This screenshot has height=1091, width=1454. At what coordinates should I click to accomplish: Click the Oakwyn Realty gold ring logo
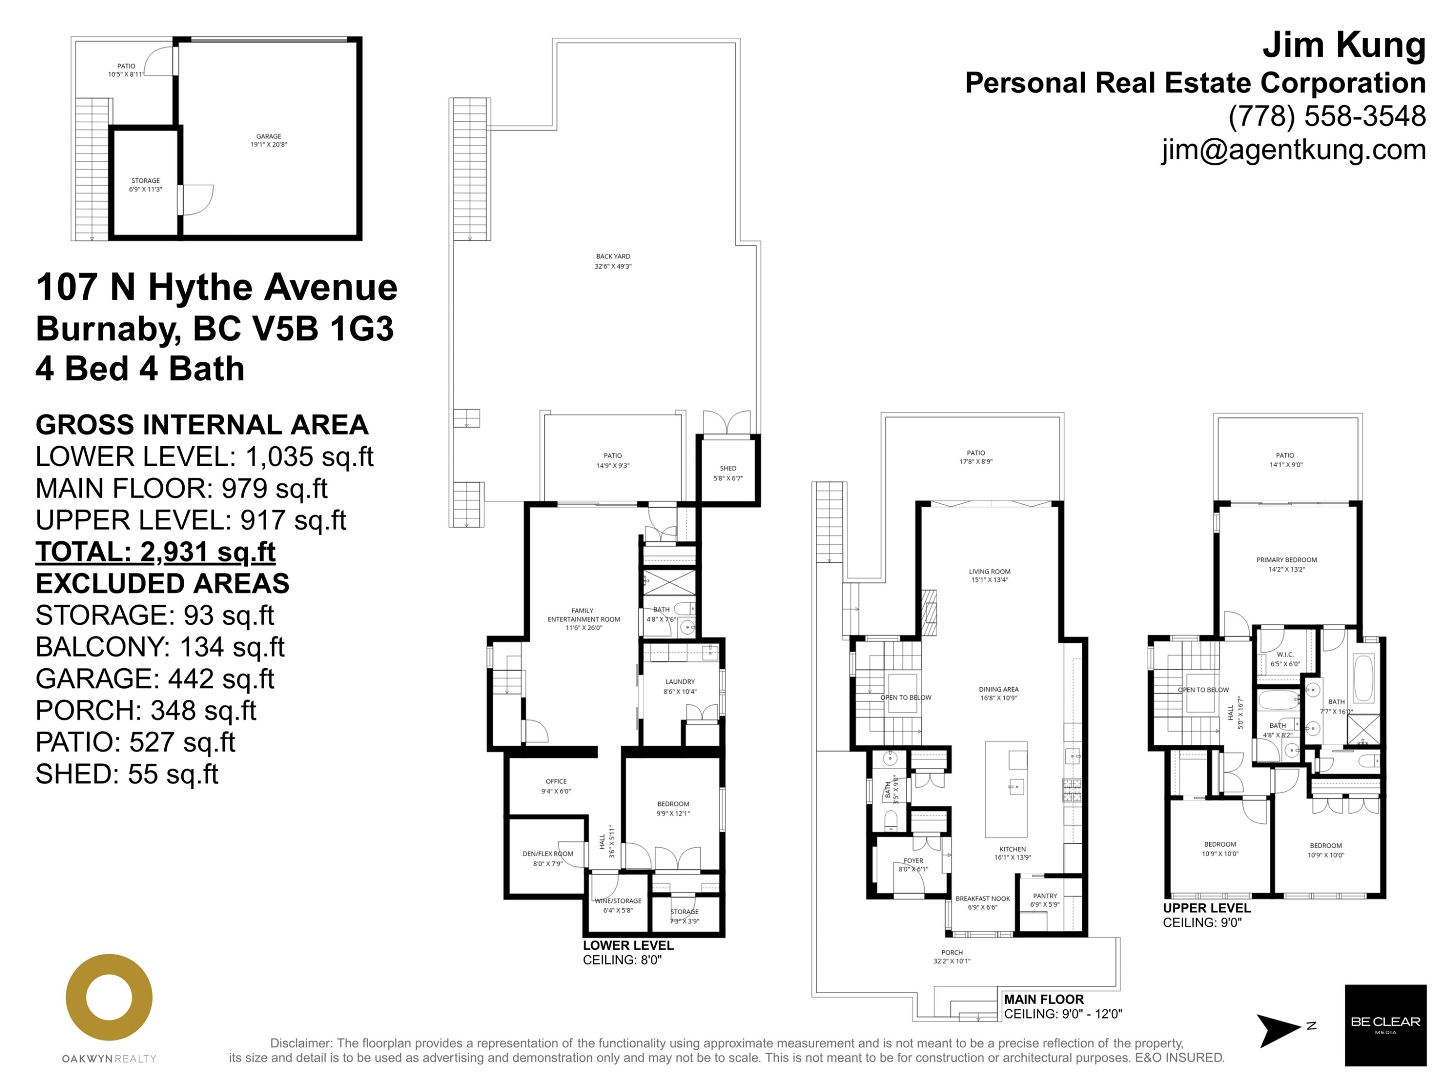[x=109, y=997]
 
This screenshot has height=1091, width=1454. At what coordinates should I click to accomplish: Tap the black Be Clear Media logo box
[x=1385, y=1025]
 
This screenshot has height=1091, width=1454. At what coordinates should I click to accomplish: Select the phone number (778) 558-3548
[x=1327, y=116]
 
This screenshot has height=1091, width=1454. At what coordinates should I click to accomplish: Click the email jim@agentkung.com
[x=1293, y=150]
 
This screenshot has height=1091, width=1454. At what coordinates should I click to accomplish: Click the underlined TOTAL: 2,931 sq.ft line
[x=155, y=552]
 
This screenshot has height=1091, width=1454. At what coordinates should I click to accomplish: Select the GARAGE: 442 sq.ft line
[x=155, y=679]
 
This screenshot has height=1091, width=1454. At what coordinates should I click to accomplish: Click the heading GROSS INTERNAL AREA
[x=202, y=425]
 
